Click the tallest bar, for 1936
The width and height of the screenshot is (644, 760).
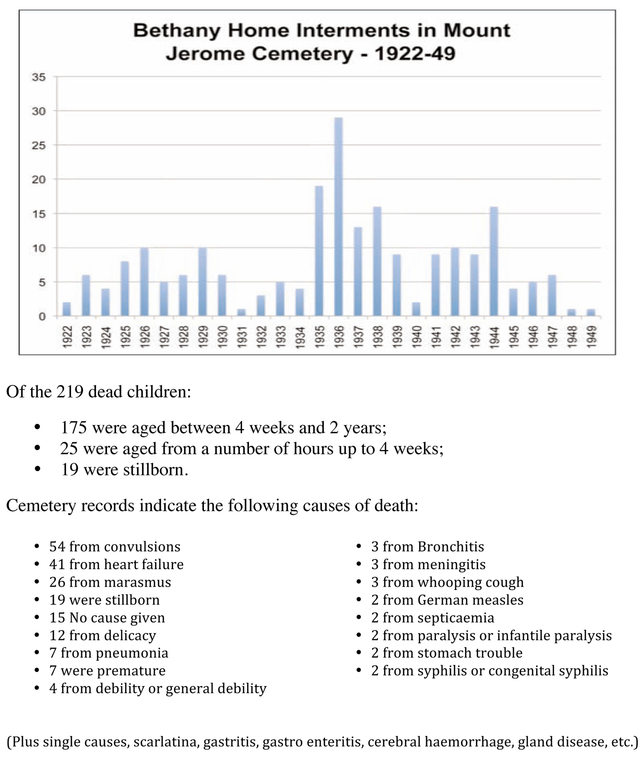[338, 217]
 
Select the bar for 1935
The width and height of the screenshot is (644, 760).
[319, 251]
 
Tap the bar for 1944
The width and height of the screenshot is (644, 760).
[494, 261]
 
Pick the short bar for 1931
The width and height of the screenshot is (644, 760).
[241, 313]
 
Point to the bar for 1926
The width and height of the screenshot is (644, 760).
[144, 282]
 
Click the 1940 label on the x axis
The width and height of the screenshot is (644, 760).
[416, 337]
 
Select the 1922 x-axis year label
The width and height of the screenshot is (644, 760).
[67, 337]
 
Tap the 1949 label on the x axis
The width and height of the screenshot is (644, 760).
[591, 337]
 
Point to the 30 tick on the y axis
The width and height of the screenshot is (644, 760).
[39, 111]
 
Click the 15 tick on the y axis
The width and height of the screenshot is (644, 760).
[39, 214]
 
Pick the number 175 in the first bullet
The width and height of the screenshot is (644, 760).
[74, 428]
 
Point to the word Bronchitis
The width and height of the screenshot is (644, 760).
[451, 547]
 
